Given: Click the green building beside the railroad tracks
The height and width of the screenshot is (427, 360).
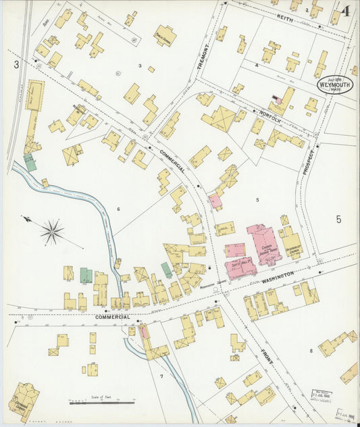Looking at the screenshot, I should point(30,162).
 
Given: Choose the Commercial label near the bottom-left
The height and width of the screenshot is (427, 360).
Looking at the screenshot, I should point(111,317).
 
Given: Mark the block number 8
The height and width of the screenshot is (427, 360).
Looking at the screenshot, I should point(311,351).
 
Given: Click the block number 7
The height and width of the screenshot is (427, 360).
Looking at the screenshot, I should point(161,375).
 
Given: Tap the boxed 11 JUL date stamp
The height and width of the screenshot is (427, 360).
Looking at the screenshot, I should point(323,395).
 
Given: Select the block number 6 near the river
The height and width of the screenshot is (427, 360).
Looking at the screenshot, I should point(118,209).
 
